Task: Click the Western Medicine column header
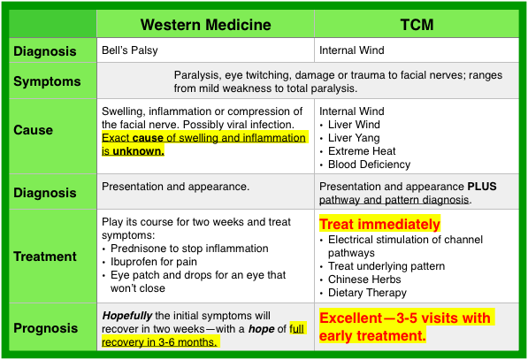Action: coord(205,25)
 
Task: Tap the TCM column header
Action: coord(417,25)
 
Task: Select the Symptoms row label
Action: coord(47,81)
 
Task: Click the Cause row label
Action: coord(33,130)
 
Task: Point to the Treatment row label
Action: coord(45,257)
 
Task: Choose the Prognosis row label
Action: coord(45,328)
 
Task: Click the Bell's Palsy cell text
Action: coord(130,50)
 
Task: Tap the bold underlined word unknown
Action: coord(138,151)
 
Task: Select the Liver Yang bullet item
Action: coord(354,138)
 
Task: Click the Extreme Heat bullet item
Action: coord(362,151)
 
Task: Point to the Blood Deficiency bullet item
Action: coord(370,165)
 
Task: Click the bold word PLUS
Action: coord(482,187)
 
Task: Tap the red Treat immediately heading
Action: coord(379,225)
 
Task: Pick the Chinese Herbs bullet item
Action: coord(364,280)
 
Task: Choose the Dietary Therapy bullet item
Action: coord(367,293)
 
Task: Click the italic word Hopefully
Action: coord(127,316)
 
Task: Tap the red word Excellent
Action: coord(350,318)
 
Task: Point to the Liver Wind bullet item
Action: coord(354,124)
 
